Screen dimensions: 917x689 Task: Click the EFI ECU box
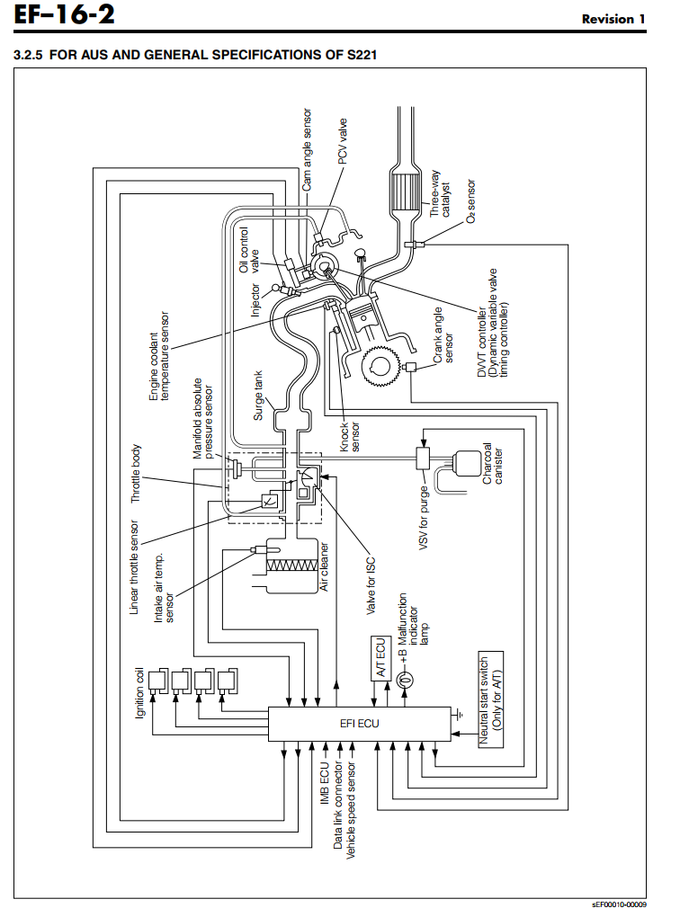click(359, 724)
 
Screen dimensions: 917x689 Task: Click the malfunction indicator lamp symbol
click(405, 681)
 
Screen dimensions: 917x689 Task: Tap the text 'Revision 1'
click(613, 19)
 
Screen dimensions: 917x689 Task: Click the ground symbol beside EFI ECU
click(460, 715)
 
